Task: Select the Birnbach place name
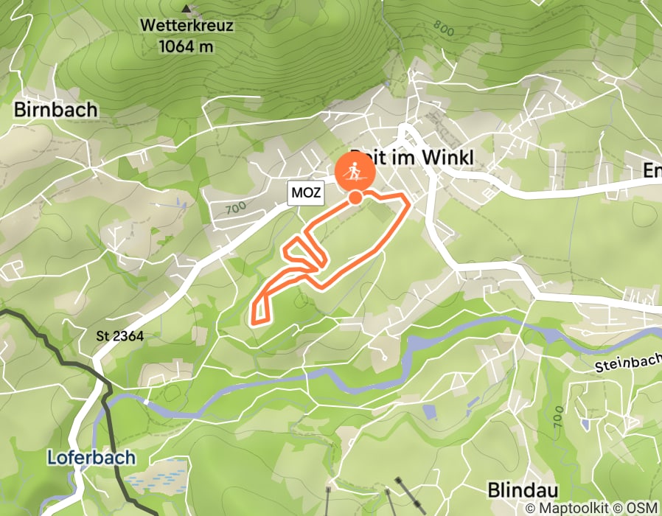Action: [x=55, y=111]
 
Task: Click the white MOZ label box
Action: [x=306, y=194]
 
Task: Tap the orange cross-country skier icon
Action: [x=355, y=172]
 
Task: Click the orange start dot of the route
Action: [x=355, y=197]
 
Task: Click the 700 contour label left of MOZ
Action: [x=236, y=209]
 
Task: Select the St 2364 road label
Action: [x=119, y=336]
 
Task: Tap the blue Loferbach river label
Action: [x=91, y=458]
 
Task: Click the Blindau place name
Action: [x=523, y=490]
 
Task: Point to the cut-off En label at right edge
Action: [x=652, y=171]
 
